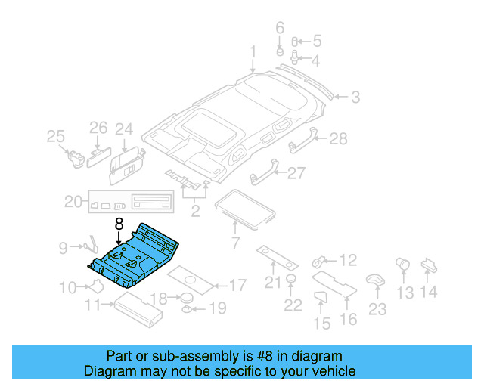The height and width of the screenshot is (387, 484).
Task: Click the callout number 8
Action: click(x=118, y=224)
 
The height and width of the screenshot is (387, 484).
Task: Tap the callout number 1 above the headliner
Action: click(x=253, y=52)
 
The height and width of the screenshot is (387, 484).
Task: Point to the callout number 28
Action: click(x=338, y=138)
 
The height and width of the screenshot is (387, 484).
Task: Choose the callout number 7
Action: click(x=235, y=243)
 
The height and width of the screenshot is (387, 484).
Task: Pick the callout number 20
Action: click(x=73, y=202)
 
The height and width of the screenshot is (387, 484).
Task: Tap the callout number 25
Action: click(x=55, y=137)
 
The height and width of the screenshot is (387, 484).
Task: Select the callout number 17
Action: click(x=237, y=286)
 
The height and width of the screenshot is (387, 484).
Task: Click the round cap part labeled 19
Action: click(x=186, y=309)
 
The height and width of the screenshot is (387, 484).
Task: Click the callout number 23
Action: click(x=377, y=309)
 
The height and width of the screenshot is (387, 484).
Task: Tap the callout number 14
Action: click(x=429, y=292)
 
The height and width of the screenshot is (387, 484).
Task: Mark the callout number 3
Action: click(x=354, y=97)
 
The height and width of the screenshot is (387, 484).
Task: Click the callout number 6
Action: click(x=279, y=28)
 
